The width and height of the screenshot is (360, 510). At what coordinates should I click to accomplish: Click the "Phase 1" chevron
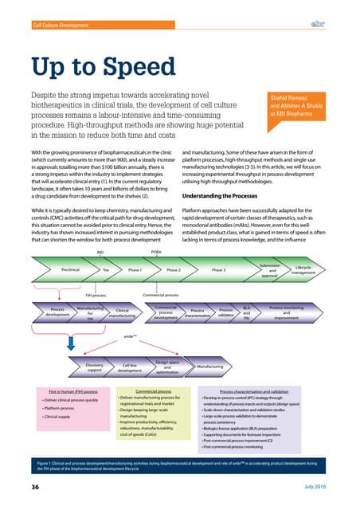(x=134, y=270)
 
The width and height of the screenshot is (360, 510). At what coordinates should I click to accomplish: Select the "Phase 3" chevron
(x=220, y=270)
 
